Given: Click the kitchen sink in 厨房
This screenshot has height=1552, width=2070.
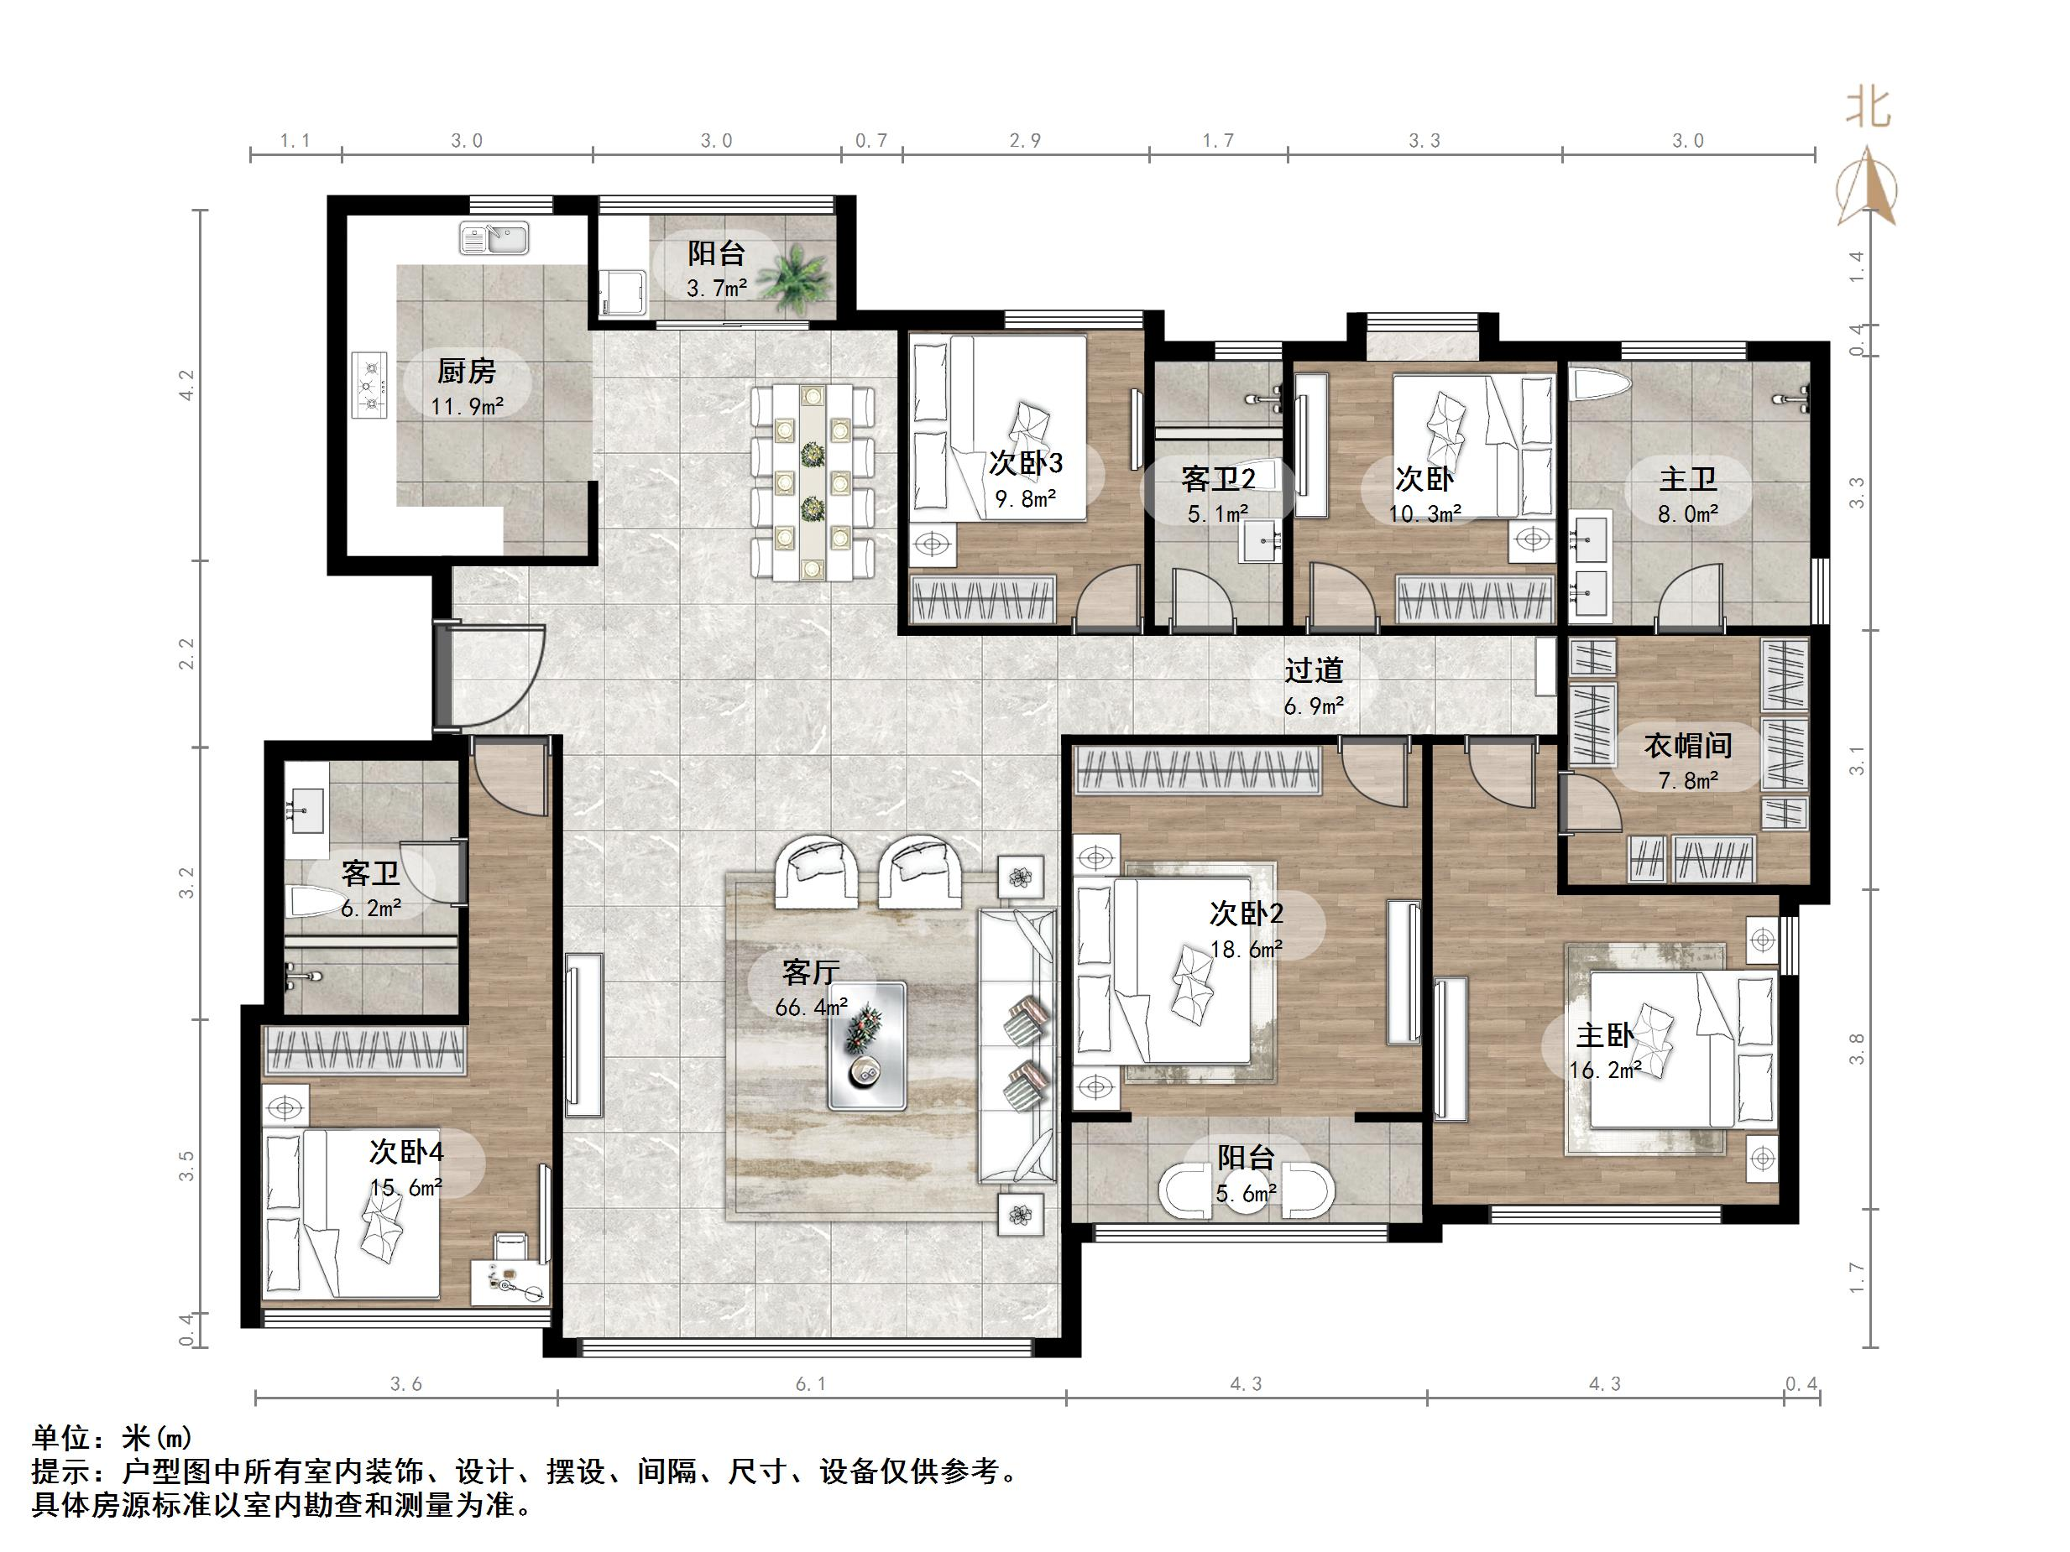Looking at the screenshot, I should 494,237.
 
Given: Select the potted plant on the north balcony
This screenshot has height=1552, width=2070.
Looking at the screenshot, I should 792,276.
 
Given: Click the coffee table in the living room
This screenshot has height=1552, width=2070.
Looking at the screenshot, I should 866,1046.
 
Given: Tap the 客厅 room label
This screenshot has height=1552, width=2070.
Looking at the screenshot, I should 810,973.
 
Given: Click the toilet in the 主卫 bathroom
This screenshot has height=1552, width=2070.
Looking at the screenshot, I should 1601,384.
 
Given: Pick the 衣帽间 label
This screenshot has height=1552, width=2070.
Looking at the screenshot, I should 1687,746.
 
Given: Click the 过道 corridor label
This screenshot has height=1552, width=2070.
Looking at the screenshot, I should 1313,669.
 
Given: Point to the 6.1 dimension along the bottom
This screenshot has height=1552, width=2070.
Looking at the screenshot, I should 810,1384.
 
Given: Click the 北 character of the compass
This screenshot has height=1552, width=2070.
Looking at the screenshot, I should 1868,108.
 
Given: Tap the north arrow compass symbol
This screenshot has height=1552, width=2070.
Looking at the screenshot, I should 1867,188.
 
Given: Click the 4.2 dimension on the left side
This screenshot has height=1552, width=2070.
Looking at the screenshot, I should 186,385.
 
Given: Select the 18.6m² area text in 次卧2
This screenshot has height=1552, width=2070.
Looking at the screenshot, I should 1246,949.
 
